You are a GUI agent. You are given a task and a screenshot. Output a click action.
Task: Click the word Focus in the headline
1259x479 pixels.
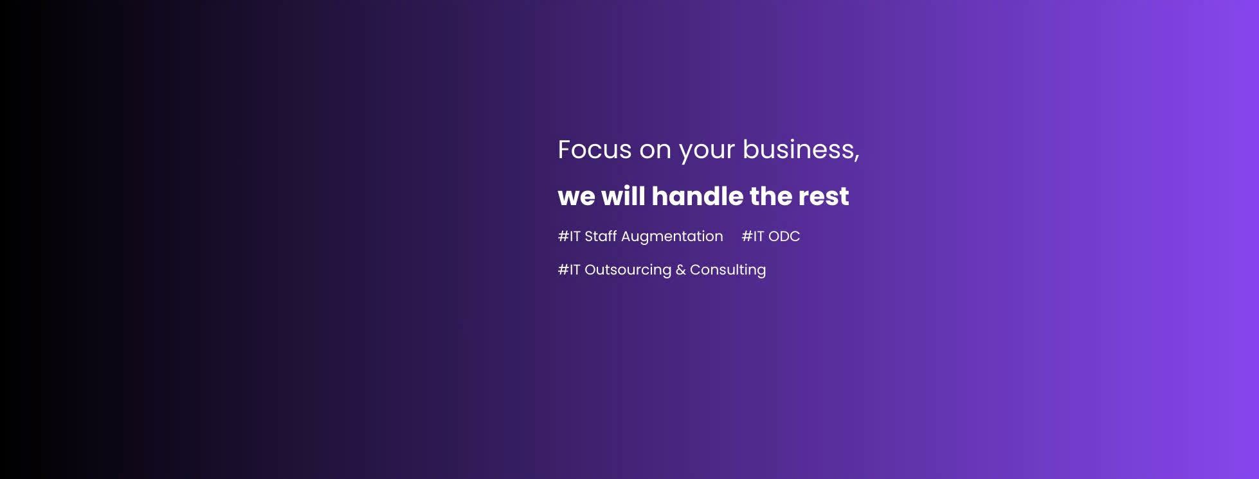(595, 150)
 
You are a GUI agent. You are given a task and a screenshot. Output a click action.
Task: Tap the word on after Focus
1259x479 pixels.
(655, 151)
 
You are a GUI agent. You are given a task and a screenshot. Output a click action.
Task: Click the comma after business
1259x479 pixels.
(856, 158)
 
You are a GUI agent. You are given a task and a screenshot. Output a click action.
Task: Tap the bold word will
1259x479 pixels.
(623, 196)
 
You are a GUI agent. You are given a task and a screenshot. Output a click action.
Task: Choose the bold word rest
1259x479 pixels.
(824, 197)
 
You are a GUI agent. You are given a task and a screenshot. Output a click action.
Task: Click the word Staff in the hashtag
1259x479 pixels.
(601, 236)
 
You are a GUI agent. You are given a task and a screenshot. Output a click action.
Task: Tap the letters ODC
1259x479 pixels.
(784, 237)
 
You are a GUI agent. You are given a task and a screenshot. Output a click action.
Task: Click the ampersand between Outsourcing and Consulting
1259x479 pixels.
(680, 270)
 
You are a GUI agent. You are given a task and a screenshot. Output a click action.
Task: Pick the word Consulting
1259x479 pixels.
(728, 271)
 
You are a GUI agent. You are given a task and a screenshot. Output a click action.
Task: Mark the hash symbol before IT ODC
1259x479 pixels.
(747, 237)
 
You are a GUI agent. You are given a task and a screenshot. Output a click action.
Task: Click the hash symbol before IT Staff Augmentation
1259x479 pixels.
(563, 237)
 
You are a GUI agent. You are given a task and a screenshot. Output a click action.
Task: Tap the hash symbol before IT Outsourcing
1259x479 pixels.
(563, 270)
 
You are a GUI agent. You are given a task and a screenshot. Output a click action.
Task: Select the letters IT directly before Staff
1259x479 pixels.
(575, 237)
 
